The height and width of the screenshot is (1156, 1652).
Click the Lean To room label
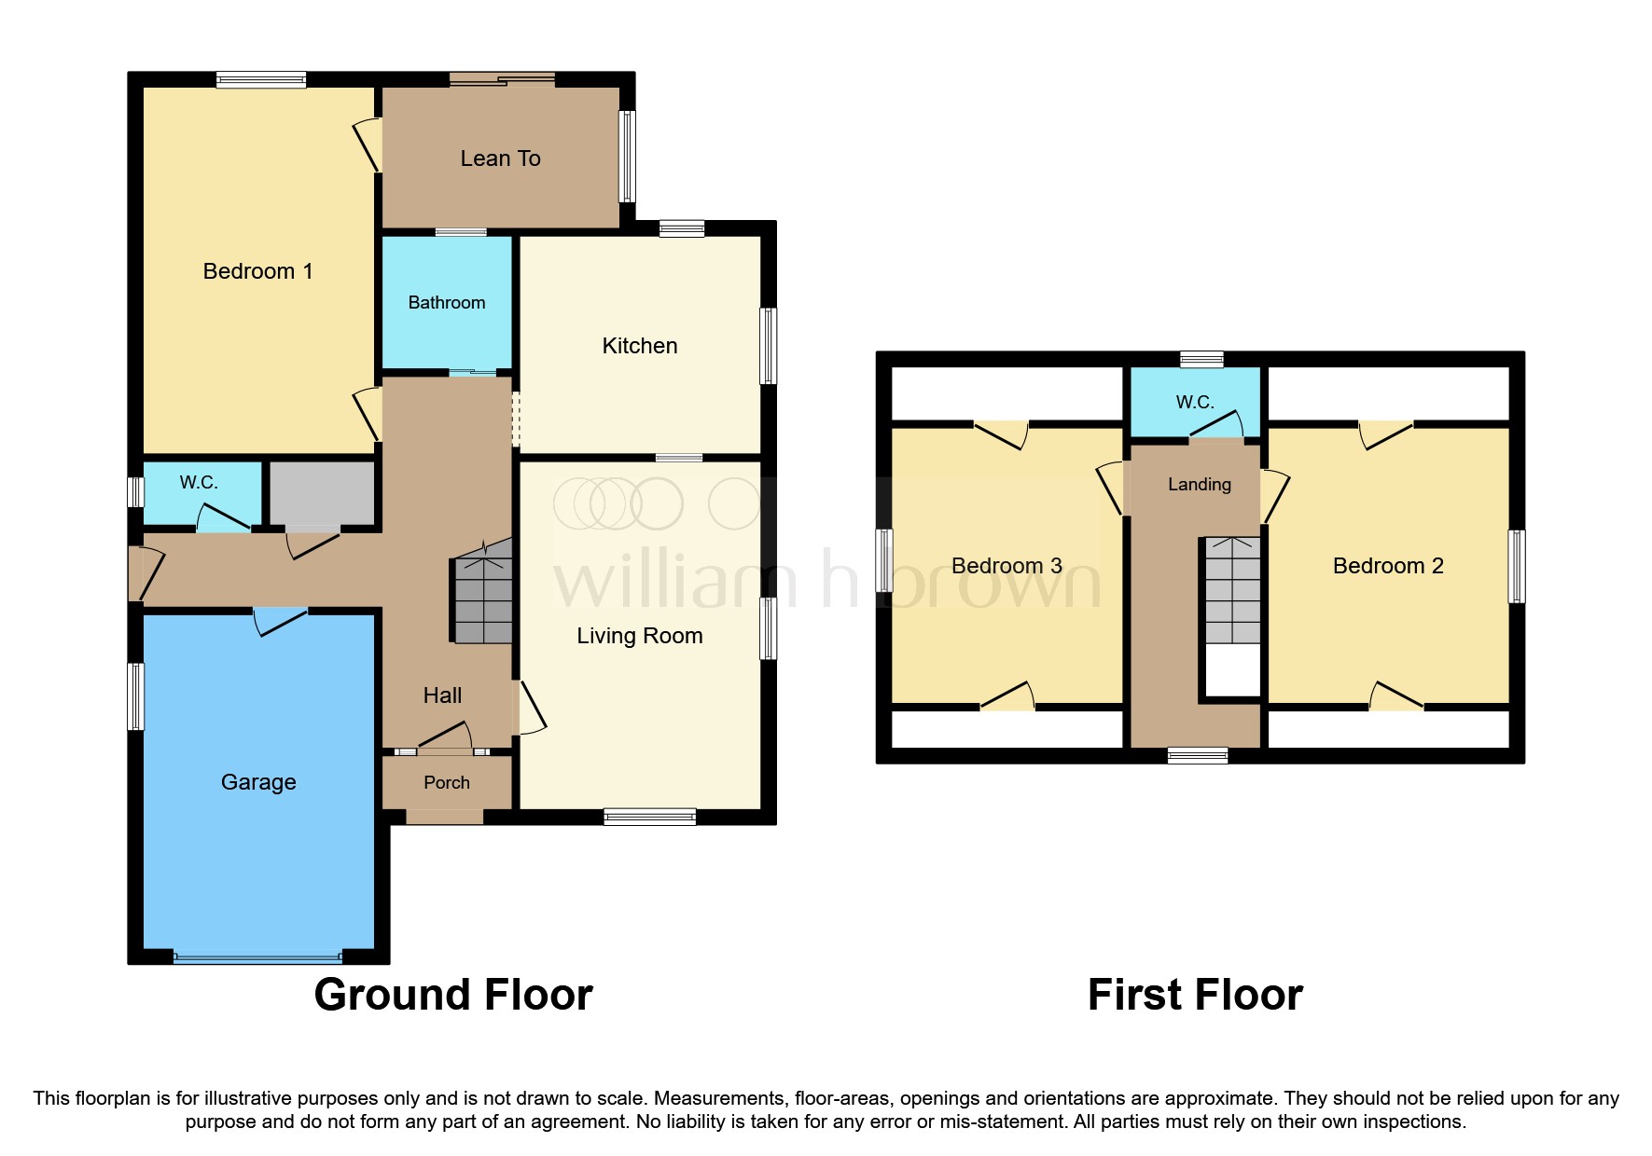[x=500, y=158]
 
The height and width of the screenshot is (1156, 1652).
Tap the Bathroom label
[x=446, y=303]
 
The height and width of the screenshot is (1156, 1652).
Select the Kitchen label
[x=639, y=346]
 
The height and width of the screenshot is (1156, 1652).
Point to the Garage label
[x=258, y=782]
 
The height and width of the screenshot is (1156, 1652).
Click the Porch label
[x=446, y=783]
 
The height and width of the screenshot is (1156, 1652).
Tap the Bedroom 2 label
[x=1387, y=566]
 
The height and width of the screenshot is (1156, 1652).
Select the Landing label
[x=1199, y=485]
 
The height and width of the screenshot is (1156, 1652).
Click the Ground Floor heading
[x=453, y=995]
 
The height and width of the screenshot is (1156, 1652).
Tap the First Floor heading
[x=1195, y=995]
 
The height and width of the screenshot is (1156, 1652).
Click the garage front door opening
[x=257, y=956]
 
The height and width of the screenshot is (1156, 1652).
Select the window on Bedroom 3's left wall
[x=884, y=560]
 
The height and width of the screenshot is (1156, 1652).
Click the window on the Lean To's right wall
[x=628, y=157]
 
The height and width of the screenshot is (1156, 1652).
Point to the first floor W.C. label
[x=1194, y=403]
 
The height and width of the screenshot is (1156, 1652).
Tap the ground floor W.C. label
[x=199, y=483]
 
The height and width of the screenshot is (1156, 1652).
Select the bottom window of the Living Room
[x=649, y=818]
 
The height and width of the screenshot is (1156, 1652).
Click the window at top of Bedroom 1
[x=261, y=80]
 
